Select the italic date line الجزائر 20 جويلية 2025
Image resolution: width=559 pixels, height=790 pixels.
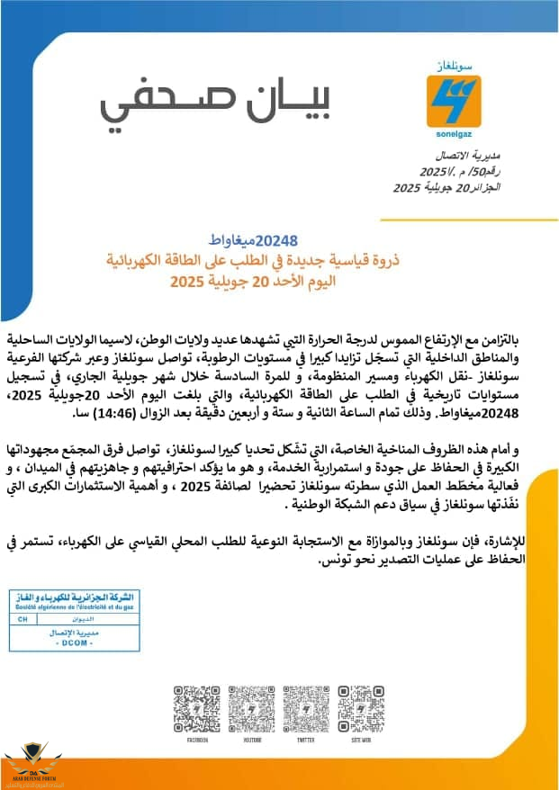[x=447, y=187]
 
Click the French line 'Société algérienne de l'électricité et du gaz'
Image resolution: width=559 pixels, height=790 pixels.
[x=75, y=609]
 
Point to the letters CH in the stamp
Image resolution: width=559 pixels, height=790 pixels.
[x=23, y=620]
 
